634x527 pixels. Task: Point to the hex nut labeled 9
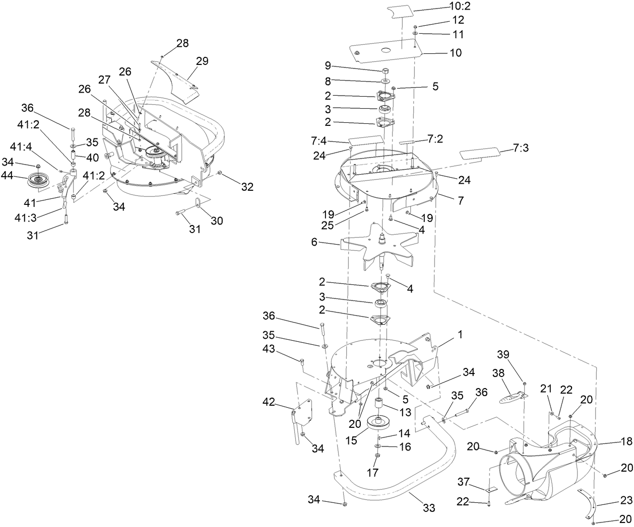(386, 70)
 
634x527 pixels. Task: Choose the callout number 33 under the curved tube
(429, 508)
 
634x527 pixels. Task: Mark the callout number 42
(270, 401)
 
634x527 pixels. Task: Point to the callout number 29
(202, 61)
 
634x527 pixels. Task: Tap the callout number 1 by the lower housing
(459, 334)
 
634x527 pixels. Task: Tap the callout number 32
(247, 187)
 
